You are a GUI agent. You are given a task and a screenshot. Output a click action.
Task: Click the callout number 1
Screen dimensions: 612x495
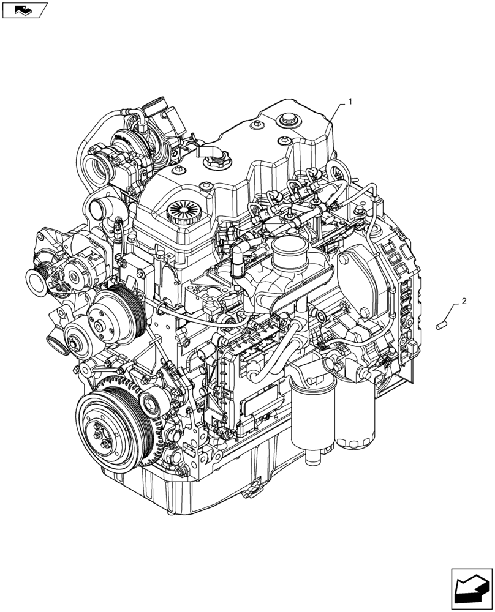tap(350, 102)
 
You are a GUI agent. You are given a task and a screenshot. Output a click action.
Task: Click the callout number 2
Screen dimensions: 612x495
tap(464, 301)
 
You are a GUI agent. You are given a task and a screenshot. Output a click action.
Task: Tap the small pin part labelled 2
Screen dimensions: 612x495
tap(439, 326)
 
